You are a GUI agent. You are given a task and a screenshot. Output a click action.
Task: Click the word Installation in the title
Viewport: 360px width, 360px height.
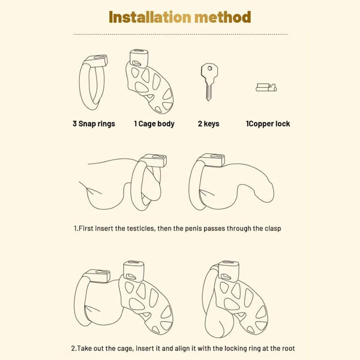click(x=150, y=17)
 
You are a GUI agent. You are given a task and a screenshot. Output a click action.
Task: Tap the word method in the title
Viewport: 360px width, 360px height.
click(x=223, y=17)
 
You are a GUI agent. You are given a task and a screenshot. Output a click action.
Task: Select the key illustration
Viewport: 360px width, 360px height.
click(x=209, y=82)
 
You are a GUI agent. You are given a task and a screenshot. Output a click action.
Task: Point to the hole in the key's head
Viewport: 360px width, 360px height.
click(x=209, y=68)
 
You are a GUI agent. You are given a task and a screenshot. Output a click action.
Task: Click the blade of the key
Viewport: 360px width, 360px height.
click(x=209, y=92)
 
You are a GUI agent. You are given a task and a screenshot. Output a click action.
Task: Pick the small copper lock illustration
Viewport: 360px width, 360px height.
click(x=266, y=88)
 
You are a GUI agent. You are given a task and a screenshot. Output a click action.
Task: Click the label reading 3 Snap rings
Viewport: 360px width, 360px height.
click(x=94, y=124)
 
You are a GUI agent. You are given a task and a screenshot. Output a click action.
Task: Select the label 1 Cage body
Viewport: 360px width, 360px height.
click(x=154, y=124)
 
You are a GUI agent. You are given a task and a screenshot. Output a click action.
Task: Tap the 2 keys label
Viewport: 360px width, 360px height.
click(x=208, y=124)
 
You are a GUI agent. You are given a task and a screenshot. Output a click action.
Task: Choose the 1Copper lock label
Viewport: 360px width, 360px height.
click(x=268, y=124)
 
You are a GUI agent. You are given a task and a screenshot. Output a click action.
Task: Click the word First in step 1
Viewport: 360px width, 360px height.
click(x=86, y=229)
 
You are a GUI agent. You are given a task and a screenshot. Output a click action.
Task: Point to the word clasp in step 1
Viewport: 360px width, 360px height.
click(x=273, y=229)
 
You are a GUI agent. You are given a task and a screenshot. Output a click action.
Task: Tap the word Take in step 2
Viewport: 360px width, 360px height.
click(x=84, y=348)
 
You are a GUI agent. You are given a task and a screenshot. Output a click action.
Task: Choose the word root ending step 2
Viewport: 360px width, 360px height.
click(x=287, y=349)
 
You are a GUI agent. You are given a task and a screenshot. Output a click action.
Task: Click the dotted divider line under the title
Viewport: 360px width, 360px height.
click(x=181, y=34)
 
